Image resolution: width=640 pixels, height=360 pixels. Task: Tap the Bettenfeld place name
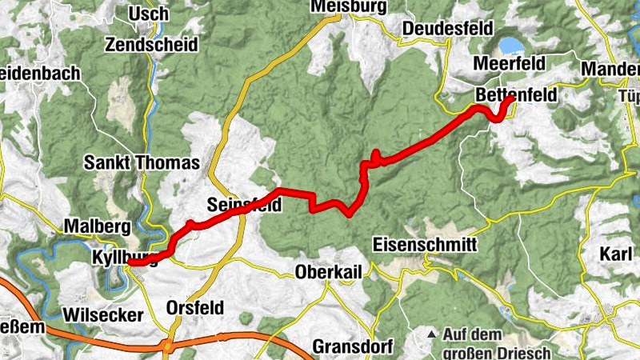(x=515, y=94)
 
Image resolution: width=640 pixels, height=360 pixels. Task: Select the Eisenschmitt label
(x=425, y=245)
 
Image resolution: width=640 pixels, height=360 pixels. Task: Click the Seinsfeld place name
(x=243, y=204)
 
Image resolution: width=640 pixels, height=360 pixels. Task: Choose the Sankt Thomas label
(x=141, y=163)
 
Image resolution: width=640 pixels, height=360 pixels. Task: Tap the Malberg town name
(x=95, y=226)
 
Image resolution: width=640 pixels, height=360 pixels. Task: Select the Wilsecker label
(x=106, y=313)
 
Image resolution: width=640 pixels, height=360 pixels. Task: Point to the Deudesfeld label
(x=442, y=29)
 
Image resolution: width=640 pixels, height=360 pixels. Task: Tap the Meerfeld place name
(x=510, y=63)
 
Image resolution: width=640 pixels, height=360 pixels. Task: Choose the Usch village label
(x=150, y=14)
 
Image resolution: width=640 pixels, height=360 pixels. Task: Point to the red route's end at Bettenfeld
(x=510, y=101)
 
